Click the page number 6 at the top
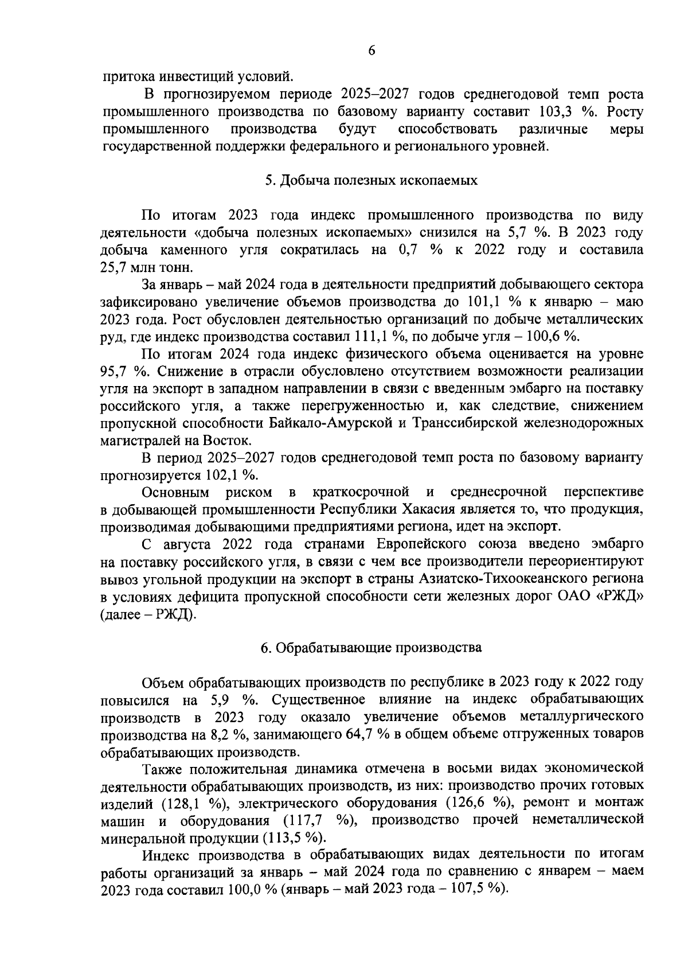371,50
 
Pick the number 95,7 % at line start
121,371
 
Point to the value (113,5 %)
294,837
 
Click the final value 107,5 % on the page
480,889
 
